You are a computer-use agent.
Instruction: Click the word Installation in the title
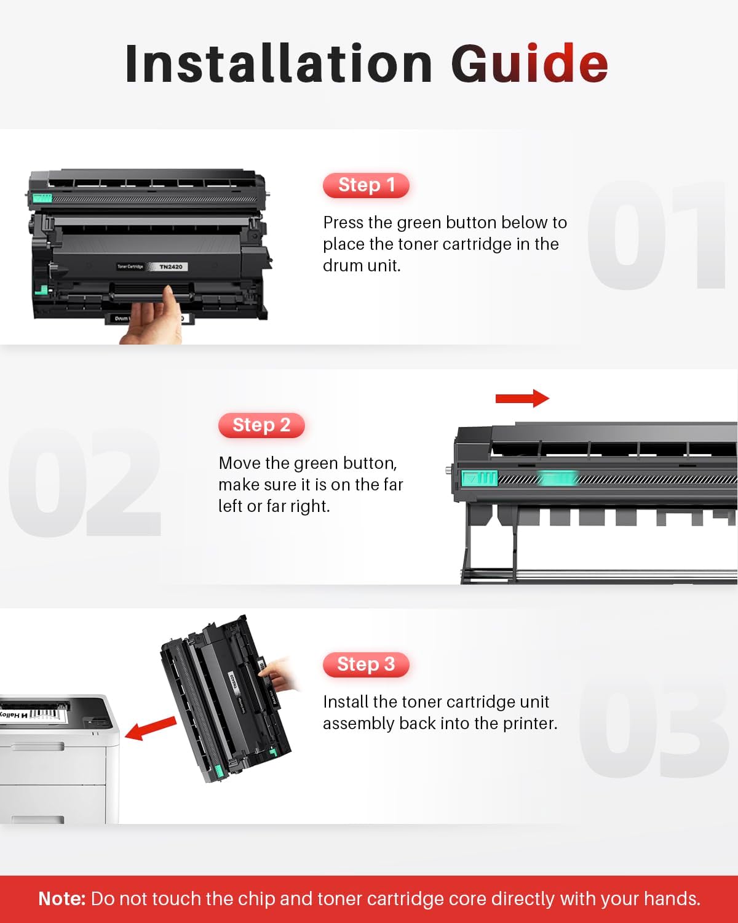pyautogui.click(x=279, y=63)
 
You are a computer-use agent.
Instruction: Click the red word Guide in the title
pyautogui.click(x=530, y=63)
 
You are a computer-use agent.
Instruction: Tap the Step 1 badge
pyautogui.click(x=366, y=185)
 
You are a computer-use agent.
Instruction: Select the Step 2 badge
pyautogui.click(x=261, y=425)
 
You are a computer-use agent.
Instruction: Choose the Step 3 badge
pyautogui.click(x=366, y=665)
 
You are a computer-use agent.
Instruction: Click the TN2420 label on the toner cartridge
pyautogui.click(x=170, y=266)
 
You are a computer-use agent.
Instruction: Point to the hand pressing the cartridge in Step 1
pyautogui.click(x=151, y=320)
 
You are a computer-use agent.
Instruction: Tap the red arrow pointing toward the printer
pyautogui.click(x=150, y=729)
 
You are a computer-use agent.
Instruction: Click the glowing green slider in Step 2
pyautogui.click(x=557, y=478)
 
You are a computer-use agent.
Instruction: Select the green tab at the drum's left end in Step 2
pyautogui.click(x=479, y=478)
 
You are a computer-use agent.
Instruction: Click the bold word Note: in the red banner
pyautogui.click(x=61, y=899)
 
